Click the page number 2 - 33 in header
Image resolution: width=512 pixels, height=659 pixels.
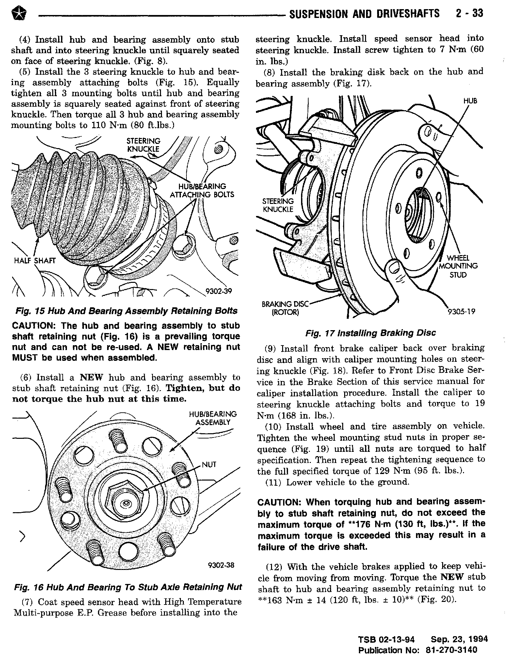click(469, 14)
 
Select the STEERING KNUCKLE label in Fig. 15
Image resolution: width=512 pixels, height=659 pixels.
click(143, 145)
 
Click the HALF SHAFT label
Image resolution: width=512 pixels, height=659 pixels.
click(35, 260)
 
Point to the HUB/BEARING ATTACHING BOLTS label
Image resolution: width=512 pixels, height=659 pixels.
click(202, 191)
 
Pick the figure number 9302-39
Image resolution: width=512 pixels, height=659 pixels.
click(218, 291)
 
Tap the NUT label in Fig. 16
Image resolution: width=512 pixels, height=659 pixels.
click(209, 465)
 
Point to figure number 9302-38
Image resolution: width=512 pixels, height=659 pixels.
click(221, 565)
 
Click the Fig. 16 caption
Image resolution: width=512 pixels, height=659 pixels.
click(128, 587)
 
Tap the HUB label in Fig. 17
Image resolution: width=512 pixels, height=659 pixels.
click(470, 101)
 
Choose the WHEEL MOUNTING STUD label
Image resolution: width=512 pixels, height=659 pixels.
click(458, 266)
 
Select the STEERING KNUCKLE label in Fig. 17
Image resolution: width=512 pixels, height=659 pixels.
click(278, 205)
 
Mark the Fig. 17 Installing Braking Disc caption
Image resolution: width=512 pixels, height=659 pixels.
click(371, 333)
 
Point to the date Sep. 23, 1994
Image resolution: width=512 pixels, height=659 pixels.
click(459, 639)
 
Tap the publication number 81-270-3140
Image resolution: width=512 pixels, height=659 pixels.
click(452, 650)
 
